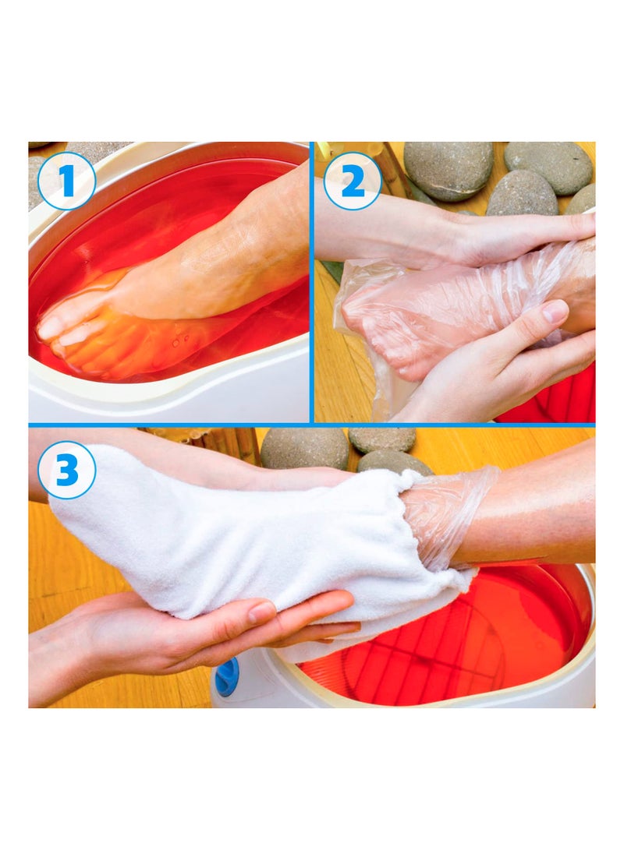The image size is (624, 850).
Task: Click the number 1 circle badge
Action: (x=66, y=181)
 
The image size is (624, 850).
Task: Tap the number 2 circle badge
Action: (x=353, y=181)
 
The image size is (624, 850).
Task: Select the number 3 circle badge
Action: (x=66, y=470)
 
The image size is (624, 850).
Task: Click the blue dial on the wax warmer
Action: (x=227, y=675)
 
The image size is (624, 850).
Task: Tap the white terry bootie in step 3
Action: (x=234, y=538)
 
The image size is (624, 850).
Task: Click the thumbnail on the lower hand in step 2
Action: (x=555, y=312)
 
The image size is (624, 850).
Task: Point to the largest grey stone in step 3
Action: (x=304, y=448)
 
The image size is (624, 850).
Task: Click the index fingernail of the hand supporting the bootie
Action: (x=261, y=612)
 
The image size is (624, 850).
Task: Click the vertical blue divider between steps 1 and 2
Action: (x=312, y=280)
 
